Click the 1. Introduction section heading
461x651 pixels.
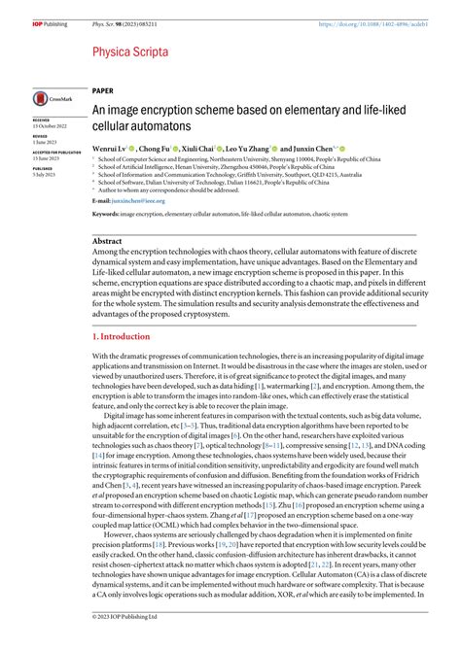122,336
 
